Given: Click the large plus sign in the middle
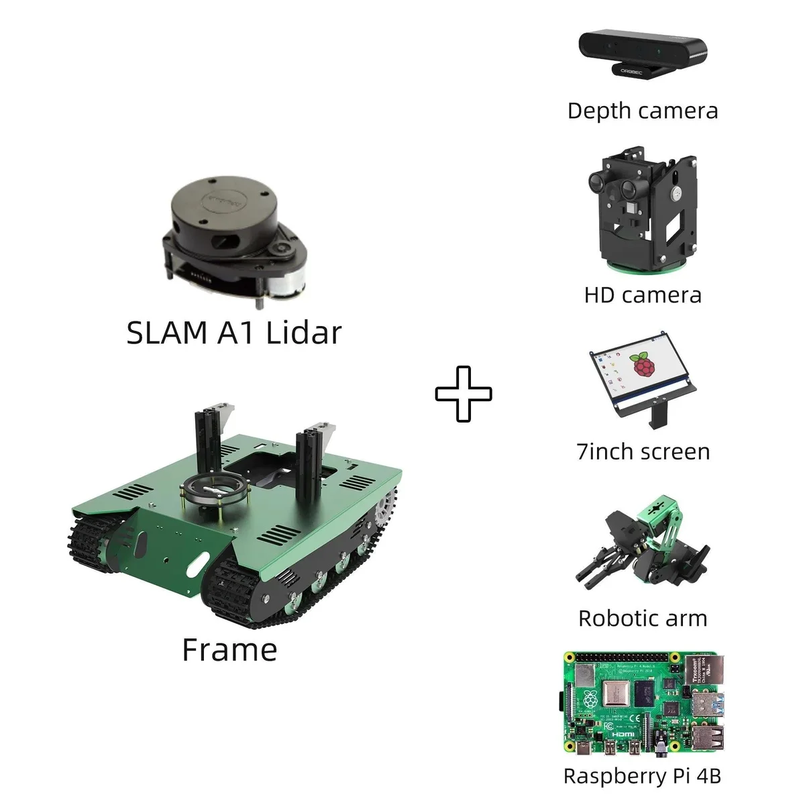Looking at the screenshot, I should [464, 394].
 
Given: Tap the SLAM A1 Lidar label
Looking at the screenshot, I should [234, 333].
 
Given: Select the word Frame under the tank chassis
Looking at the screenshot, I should [229, 650].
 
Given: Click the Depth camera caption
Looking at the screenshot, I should [642, 111].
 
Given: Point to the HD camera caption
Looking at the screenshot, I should [642, 295].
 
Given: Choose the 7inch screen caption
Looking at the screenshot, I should [643, 451].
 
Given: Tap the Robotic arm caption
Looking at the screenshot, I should [642, 618].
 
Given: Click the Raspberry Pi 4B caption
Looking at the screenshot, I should [642, 776].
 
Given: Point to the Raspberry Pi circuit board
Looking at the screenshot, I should [643, 704].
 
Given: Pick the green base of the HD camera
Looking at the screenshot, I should [642, 268].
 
